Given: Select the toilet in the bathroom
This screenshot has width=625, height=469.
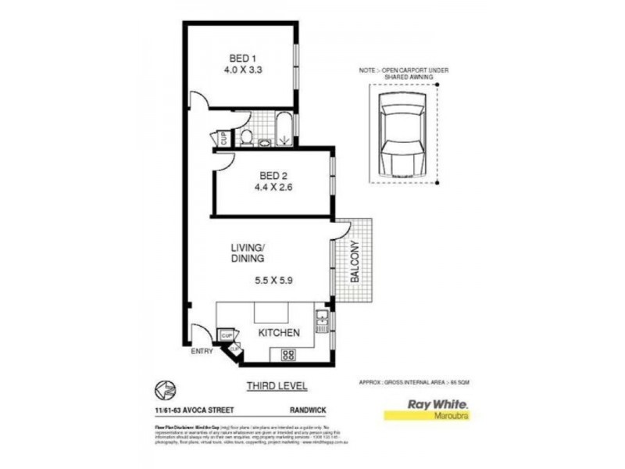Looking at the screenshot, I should click(246, 138).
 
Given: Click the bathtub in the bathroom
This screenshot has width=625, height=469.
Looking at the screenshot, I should click(283, 130).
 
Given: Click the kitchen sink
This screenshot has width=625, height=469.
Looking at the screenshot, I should click(321, 319).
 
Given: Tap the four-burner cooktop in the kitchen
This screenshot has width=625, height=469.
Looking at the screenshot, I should click(287, 354).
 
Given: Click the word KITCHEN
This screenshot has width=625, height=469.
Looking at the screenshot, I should click(279, 333).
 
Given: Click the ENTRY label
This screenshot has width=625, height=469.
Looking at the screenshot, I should click(202, 352).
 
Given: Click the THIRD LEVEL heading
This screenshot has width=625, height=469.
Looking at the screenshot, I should click(277, 385).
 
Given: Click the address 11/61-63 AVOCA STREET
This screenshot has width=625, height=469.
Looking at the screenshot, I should click(185, 407).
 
